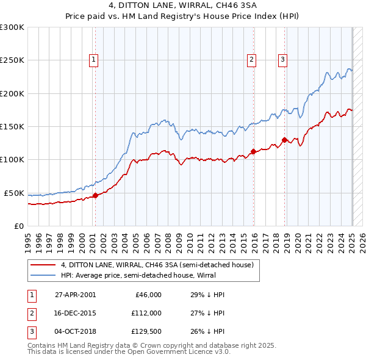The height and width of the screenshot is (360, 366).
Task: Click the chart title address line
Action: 182,6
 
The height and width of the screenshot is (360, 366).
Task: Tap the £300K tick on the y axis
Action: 12,27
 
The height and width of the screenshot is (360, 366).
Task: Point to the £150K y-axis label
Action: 12,126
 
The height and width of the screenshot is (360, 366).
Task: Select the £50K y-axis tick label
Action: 15,193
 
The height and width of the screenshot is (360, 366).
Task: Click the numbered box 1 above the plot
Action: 94,59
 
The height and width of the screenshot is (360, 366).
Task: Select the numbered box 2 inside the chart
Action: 251,59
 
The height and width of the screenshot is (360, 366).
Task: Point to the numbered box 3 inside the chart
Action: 283,59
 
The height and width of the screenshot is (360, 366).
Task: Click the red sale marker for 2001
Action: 95,196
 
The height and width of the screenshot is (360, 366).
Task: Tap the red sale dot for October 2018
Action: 284,140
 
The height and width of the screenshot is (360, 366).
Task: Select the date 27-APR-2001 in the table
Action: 75,294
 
